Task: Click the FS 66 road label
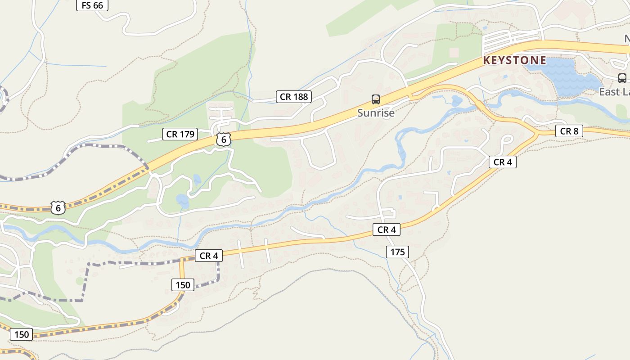[x=92, y=5]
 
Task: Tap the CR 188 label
[x=294, y=96]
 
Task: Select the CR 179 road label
[x=180, y=134]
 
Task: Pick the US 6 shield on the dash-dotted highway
[x=58, y=207]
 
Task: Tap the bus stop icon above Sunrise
[x=375, y=99]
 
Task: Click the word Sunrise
[x=376, y=113]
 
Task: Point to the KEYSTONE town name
[x=515, y=60]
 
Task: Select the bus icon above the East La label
[x=622, y=78]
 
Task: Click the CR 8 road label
[x=569, y=131]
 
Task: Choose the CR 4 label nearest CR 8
[x=502, y=162]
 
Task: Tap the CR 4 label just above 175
[x=386, y=229]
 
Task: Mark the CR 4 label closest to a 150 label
[x=209, y=256]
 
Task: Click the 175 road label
[x=397, y=252]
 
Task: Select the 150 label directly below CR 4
[x=183, y=284]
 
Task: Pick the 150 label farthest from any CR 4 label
[x=21, y=334]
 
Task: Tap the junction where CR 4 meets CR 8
[x=537, y=134]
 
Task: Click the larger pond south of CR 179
[x=182, y=200]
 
